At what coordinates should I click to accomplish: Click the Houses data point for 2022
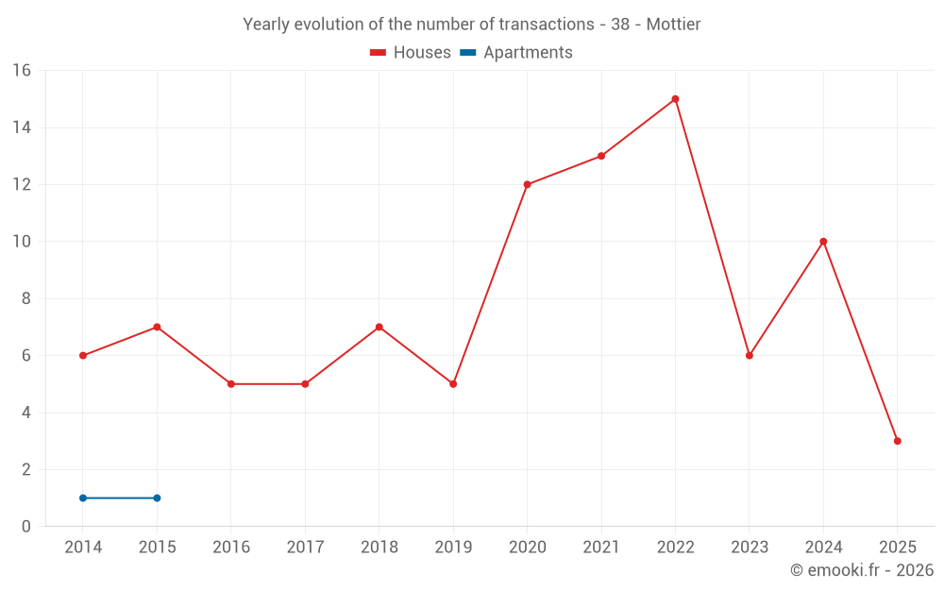pos(675,99)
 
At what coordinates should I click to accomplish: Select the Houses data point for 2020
pos(527,184)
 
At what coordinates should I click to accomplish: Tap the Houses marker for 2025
pos(897,441)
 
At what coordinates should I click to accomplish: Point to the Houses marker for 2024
pos(823,242)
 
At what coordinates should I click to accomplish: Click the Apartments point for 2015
pos(157,497)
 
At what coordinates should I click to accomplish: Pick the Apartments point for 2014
pos(83,497)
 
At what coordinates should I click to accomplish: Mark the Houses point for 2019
pos(453,384)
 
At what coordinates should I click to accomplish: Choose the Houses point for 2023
pos(750,356)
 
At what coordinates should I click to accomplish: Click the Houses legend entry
pos(411,53)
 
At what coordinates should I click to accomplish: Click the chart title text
pos(472,25)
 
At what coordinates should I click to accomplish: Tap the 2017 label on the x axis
pos(305,548)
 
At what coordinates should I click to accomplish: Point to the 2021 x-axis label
pos(601,548)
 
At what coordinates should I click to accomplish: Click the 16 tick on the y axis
pos(22,71)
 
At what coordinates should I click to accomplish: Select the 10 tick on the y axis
pos(22,242)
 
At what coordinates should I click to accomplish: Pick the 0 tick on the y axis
pos(26,527)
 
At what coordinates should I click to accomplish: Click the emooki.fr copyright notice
pos(861,570)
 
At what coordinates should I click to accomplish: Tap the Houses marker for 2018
pos(379,328)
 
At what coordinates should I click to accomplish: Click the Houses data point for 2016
pos(231,384)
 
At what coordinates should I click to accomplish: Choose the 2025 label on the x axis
pos(897,548)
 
